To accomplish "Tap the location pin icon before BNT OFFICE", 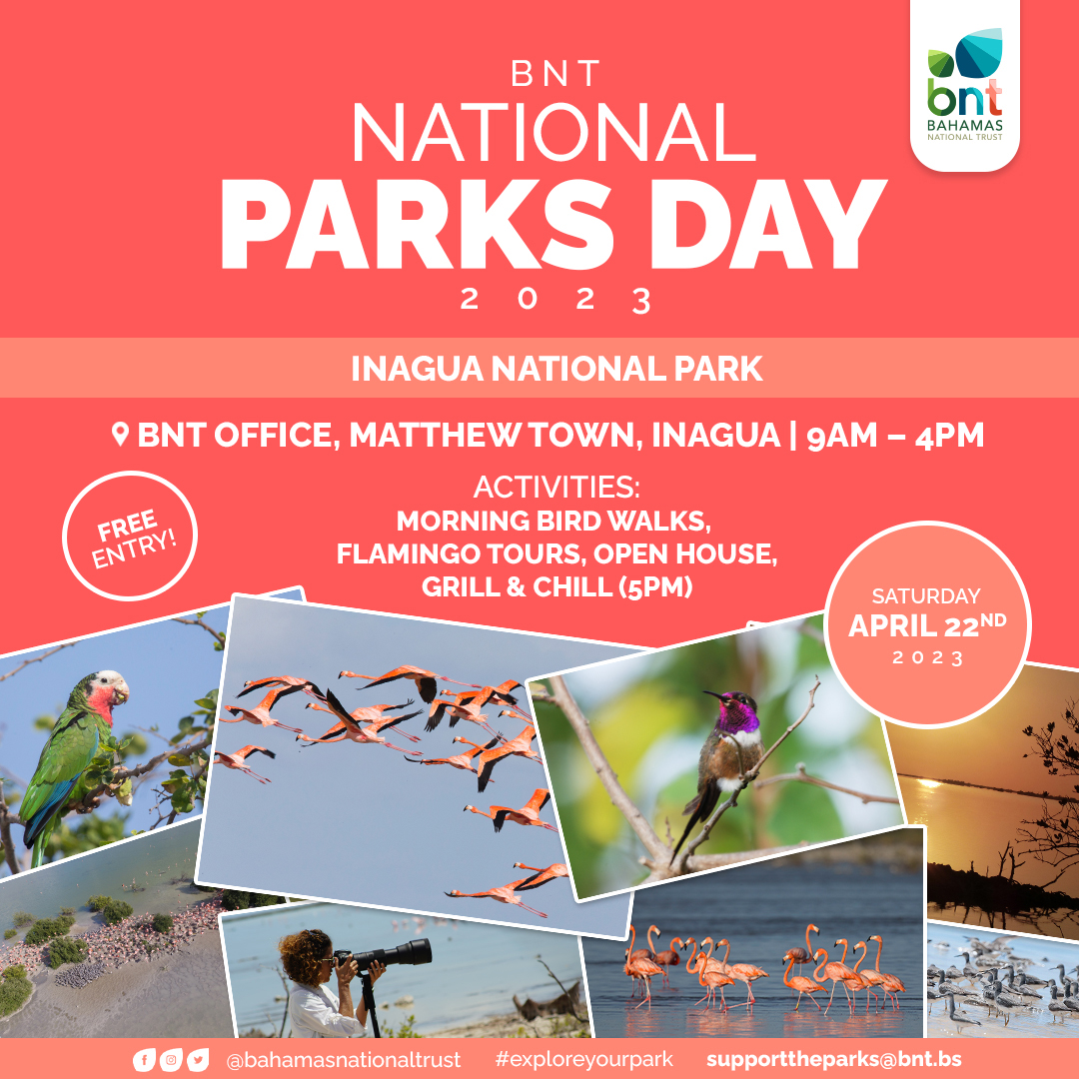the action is pos(121,435).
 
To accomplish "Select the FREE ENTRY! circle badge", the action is pos(130,537).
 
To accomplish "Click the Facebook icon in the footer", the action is pos(143,1060).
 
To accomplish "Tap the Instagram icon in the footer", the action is pos(171,1060).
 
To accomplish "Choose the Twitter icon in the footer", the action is pos(198,1060).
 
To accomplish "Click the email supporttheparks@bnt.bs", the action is pos(834,1060).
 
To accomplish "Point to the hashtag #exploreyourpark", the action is pos(583,1060).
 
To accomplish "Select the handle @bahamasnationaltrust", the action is pos(344,1060).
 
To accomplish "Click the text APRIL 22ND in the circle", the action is pos(927,625).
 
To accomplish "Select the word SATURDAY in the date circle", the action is pos(926,595).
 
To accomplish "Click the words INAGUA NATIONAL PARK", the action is pos(556,369).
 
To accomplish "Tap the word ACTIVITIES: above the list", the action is pos(556,488).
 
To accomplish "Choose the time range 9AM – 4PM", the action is pos(895,435).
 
